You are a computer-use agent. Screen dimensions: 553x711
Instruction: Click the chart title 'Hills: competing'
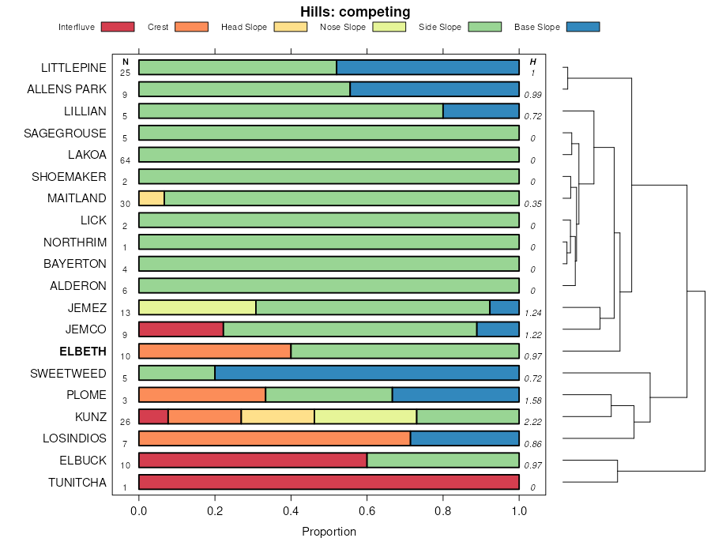click(355, 12)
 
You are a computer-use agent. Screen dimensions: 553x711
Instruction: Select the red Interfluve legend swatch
click(116, 27)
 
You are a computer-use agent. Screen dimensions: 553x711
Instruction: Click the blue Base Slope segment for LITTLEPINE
click(427, 67)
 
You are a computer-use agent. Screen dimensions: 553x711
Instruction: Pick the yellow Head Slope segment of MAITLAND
click(152, 198)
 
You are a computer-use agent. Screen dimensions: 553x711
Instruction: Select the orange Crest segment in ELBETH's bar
click(215, 351)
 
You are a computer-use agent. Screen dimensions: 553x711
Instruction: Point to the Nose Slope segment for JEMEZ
click(197, 307)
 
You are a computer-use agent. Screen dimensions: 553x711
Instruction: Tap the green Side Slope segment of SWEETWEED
click(177, 373)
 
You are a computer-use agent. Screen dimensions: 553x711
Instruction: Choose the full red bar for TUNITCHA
click(329, 482)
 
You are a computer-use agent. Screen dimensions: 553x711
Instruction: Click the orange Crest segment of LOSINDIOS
click(274, 438)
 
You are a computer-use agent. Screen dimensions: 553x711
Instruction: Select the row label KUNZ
click(90, 416)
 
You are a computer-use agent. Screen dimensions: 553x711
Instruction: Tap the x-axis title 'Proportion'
click(329, 532)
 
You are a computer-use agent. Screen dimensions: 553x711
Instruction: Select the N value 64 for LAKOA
click(125, 160)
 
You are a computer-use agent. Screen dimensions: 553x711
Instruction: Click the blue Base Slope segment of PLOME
click(455, 395)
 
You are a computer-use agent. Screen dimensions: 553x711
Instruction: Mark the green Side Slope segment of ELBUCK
click(442, 461)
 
